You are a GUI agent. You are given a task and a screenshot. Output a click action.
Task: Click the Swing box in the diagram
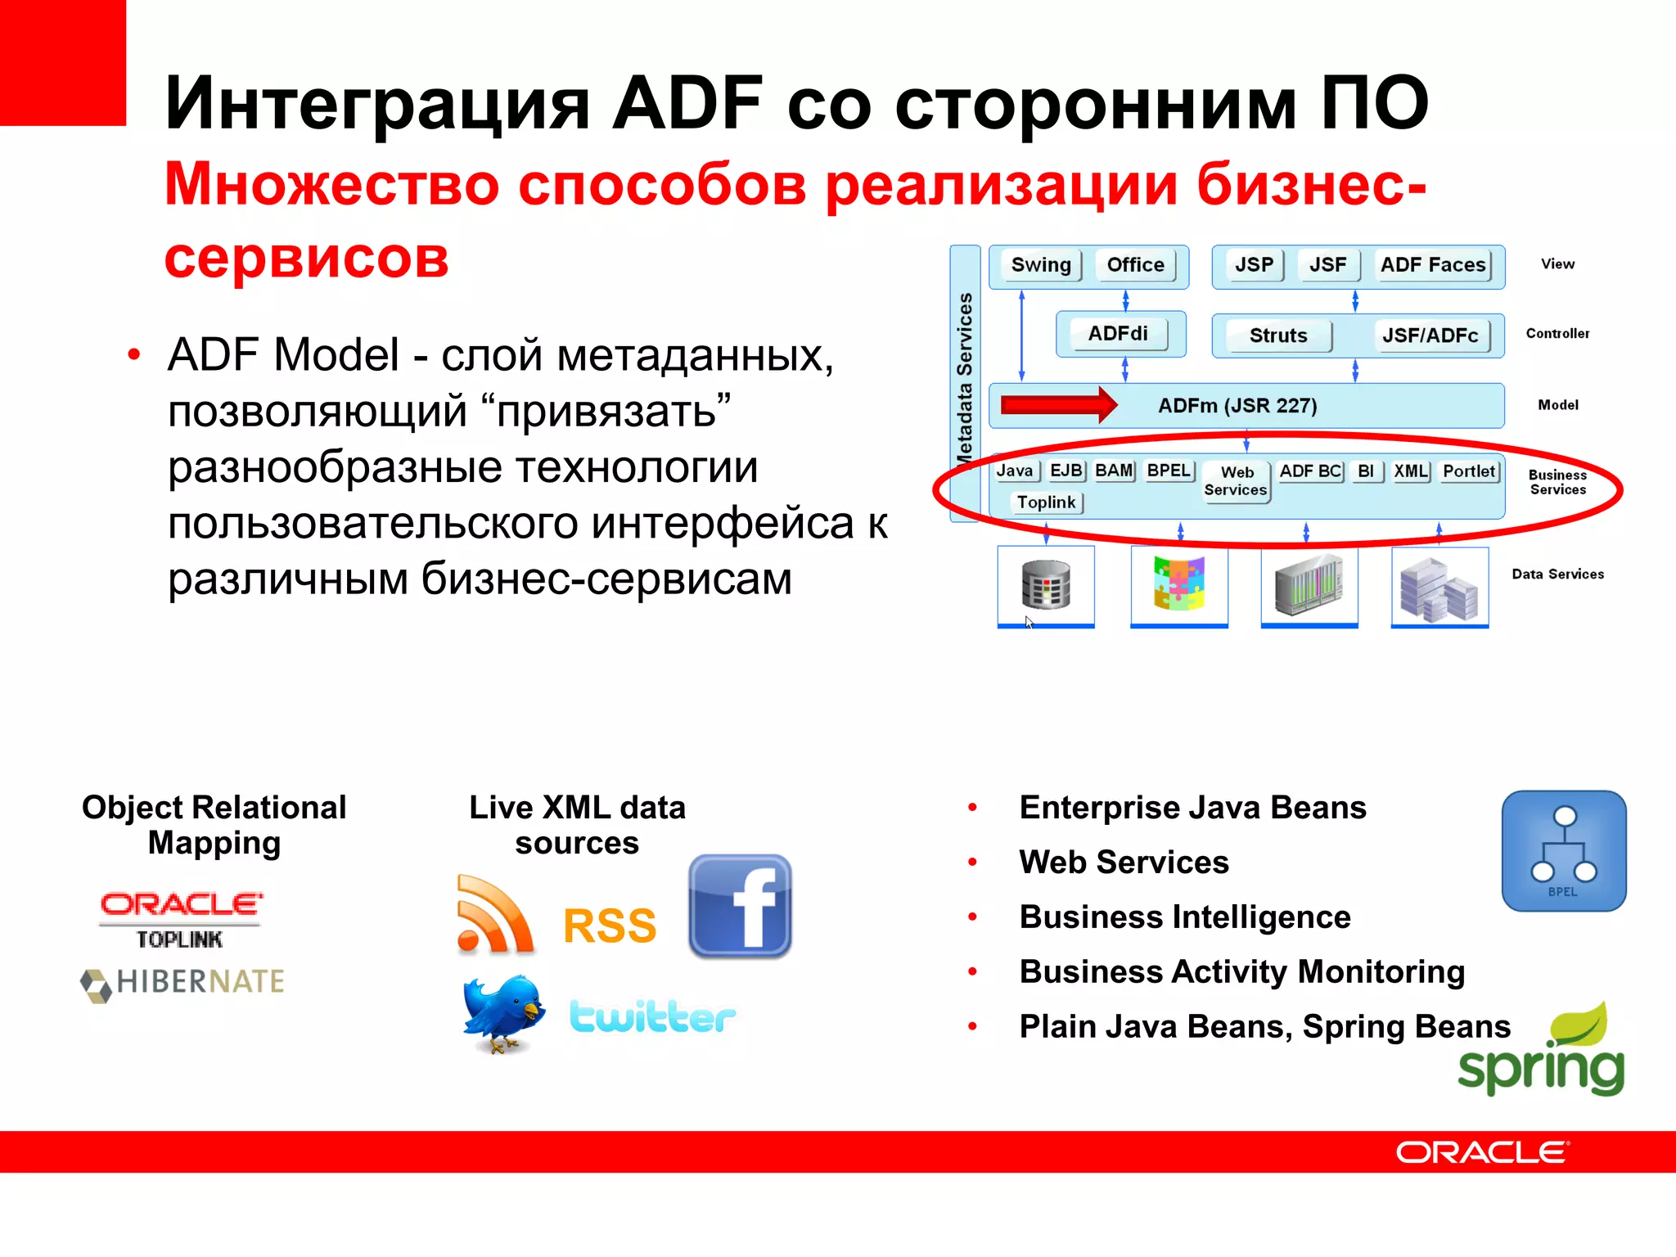(x=1040, y=265)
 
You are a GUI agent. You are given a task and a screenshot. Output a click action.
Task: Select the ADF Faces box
(x=1432, y=265)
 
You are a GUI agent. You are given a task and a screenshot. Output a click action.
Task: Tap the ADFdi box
(x=1117, y=334)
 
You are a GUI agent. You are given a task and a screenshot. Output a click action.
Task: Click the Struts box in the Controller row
(x=1277, y=336)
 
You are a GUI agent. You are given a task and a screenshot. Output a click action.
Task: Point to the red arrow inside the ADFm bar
(x=1057, y=405)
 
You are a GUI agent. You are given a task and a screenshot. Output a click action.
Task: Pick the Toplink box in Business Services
(x=1046, y=502)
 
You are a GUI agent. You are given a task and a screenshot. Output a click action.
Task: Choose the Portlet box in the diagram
(x=1468, y=471)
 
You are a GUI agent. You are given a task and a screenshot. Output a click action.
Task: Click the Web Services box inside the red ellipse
(x=1235, y=481)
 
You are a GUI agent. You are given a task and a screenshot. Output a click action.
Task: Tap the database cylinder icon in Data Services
(x=1045, y=585)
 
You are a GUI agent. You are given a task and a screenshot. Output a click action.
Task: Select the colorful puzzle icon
(x=1178, y=583)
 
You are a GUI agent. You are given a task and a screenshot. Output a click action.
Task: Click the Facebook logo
(x=740, y=907)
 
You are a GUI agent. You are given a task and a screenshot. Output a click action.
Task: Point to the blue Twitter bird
(x=502, y=1013)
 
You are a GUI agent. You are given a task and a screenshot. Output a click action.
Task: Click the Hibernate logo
(x=182, y=982)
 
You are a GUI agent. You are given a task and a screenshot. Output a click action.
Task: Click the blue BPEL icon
(x=1563, y=851)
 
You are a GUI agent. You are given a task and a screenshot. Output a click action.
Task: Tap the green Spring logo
(x=1542, y=1052)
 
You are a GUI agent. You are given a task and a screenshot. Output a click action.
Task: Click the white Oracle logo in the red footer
(x=1481, y=1152)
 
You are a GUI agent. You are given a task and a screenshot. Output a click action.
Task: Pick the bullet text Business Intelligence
(x=1184, y=917)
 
